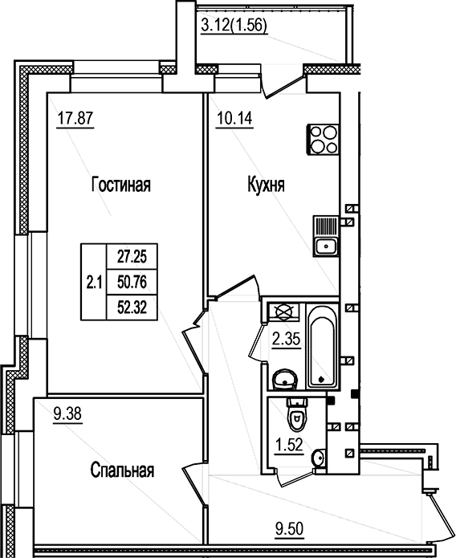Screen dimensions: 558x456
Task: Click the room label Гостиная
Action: pos(121,185)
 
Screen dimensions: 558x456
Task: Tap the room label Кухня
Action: pos(266,185)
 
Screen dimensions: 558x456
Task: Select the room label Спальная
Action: pos(121,470)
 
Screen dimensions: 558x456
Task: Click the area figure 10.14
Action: pos(232,122)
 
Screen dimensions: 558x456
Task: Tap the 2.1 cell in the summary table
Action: pos(93,281)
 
